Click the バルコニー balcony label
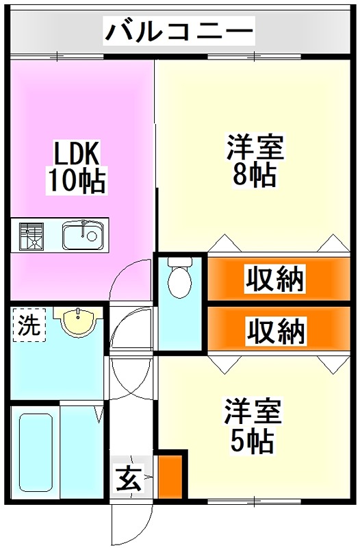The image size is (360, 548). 179,32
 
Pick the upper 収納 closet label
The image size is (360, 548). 276,279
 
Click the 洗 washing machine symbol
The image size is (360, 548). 28,324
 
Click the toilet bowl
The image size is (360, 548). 179,281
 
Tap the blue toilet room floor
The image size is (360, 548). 179,322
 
